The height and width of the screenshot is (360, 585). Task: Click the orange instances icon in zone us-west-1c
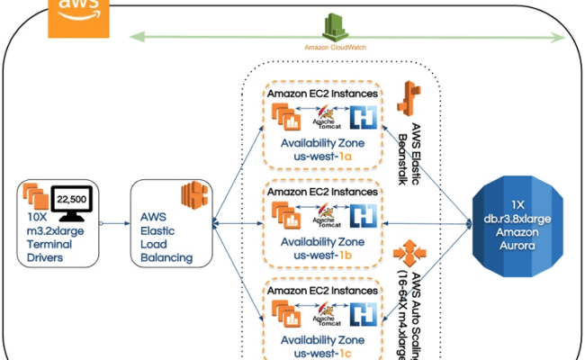click(290, 313)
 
